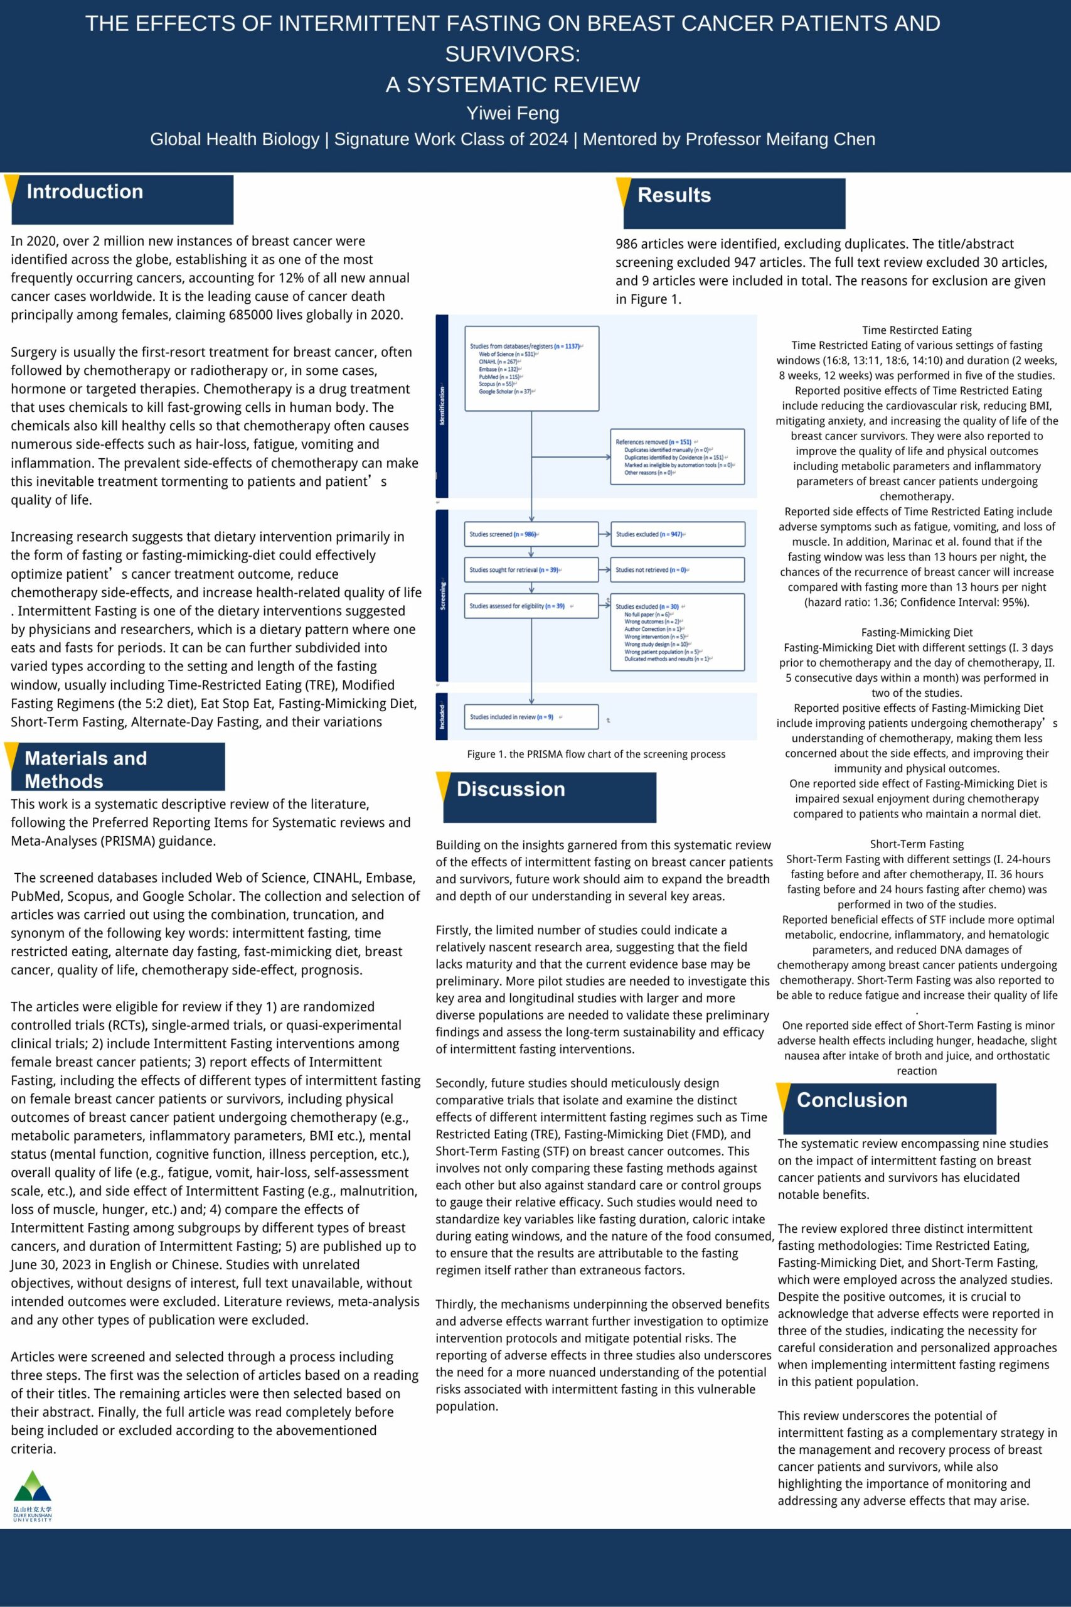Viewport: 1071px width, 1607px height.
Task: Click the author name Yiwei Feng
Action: pos(512,113)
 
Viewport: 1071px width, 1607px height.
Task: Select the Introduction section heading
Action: pos(85,191)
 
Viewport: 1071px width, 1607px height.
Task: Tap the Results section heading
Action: pos(673,195)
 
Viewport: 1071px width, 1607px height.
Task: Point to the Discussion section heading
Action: pos(510,789)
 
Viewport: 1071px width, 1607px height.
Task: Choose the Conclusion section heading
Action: pos(852,1099)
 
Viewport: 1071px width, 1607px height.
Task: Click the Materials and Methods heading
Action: pos(85,770)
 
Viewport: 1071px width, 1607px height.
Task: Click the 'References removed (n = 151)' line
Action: pos(654,442)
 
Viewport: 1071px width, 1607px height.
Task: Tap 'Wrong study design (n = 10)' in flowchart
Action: pos(656,644)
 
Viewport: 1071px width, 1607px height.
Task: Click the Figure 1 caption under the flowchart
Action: pos(595,755)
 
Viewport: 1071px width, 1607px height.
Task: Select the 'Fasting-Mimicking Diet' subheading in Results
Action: pos(917,633)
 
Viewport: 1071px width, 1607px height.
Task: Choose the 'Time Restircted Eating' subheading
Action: pos(917,331)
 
